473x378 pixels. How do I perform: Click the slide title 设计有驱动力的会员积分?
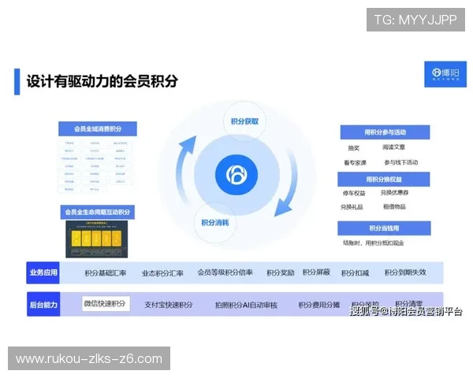[x=102, y=80]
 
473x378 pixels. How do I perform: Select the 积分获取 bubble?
[x=244, y=121]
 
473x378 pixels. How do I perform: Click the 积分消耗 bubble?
[x=215, y=222]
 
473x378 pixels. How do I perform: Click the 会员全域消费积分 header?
[x=99, y=129]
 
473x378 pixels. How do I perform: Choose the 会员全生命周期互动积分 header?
[x=99, y=212]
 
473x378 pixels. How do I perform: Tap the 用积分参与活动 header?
[x=385, y=132]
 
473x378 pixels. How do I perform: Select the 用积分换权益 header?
[x=385, y=180]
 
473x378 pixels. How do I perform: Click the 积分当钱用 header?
[x=385, y=228]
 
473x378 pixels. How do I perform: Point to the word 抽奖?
[x=354, y=147]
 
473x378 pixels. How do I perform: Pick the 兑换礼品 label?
[x=352, y=207]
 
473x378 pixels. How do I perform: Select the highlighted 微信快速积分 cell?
[x=105, y=303]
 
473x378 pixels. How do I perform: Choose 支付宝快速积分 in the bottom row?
[x=169, y=305]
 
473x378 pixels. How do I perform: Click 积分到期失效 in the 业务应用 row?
[x=405, y=272]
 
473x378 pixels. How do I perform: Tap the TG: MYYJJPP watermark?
[x=415, y=20]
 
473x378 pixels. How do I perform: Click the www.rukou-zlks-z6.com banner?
[x=88, y=359]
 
